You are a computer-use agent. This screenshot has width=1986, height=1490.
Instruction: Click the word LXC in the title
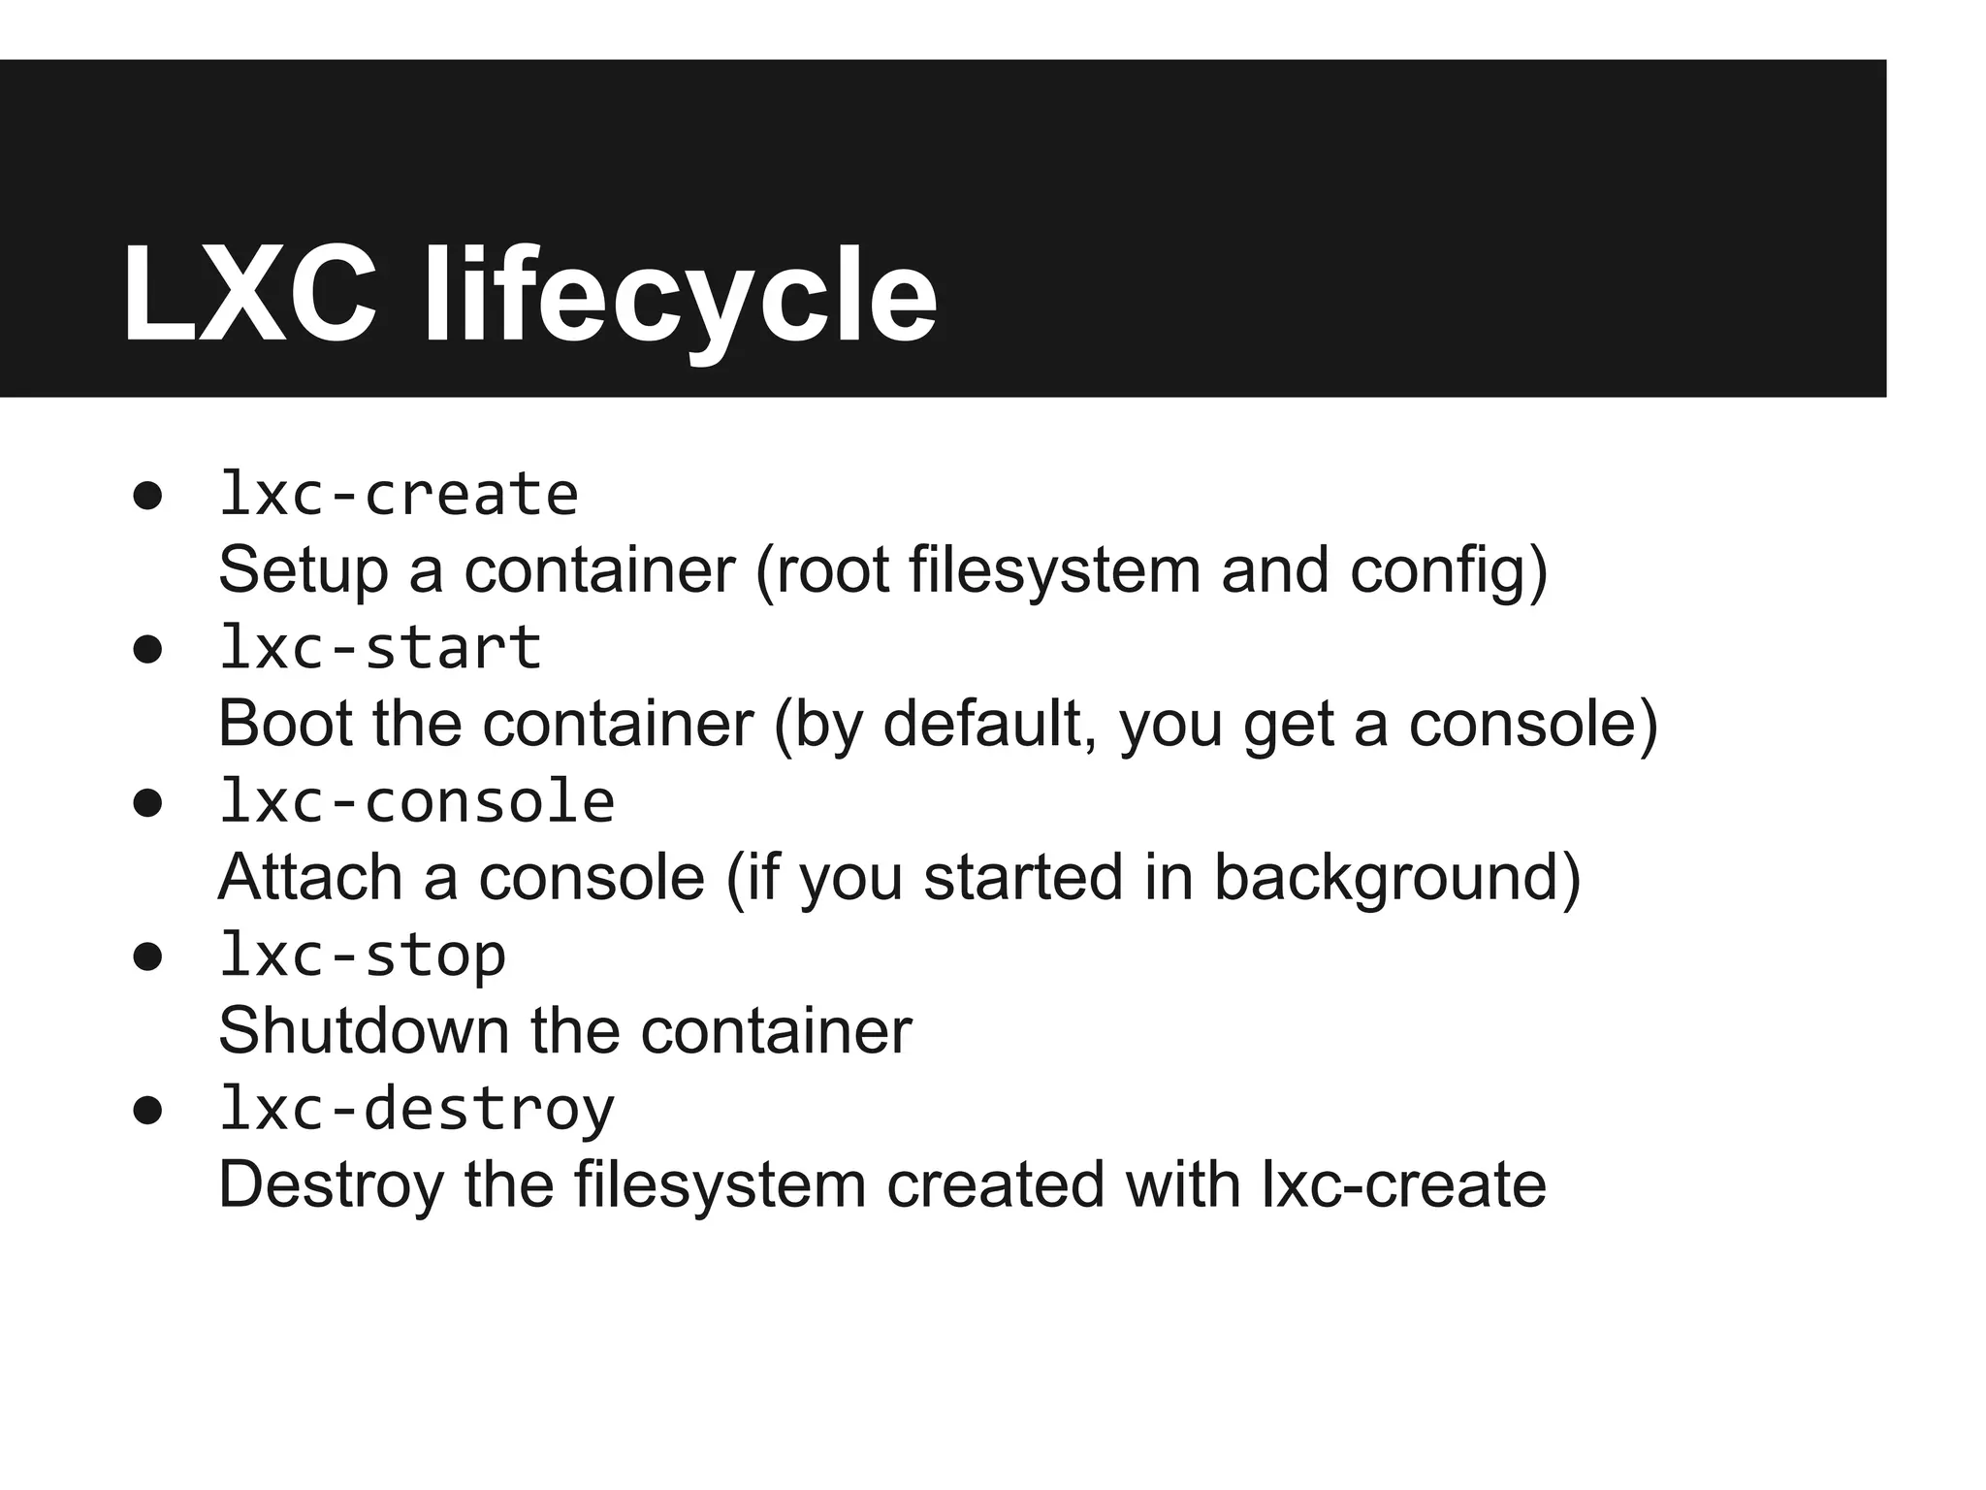click(249, 295)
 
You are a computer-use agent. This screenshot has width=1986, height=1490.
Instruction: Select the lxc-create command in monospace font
click(399, 495)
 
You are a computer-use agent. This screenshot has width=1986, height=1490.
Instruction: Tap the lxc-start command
click(380, 648)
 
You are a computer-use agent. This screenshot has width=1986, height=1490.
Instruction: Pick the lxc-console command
click(417, 802)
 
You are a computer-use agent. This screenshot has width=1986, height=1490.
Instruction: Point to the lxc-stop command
click(362, 956)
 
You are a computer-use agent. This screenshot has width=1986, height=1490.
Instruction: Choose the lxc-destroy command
click(417, 1109)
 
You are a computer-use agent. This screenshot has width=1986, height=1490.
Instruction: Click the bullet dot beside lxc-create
click(147, 498)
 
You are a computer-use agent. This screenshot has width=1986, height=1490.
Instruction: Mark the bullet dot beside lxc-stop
click(147, 958)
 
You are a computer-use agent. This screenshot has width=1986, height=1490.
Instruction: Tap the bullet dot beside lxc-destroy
click(147, 1112)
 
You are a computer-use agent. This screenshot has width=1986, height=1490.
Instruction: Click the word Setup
click(303, 570)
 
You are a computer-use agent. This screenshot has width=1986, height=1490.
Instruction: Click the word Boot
click(284, 724)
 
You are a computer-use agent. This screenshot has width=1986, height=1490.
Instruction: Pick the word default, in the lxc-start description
click(990, 724)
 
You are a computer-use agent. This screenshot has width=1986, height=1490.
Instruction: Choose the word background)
click(1397, 877)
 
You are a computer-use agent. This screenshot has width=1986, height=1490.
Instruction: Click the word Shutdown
click(364, 1030)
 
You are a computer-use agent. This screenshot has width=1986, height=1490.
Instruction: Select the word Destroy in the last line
click(331, 1184)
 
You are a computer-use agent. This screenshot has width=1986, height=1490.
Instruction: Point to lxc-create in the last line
click(1403, 1184)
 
